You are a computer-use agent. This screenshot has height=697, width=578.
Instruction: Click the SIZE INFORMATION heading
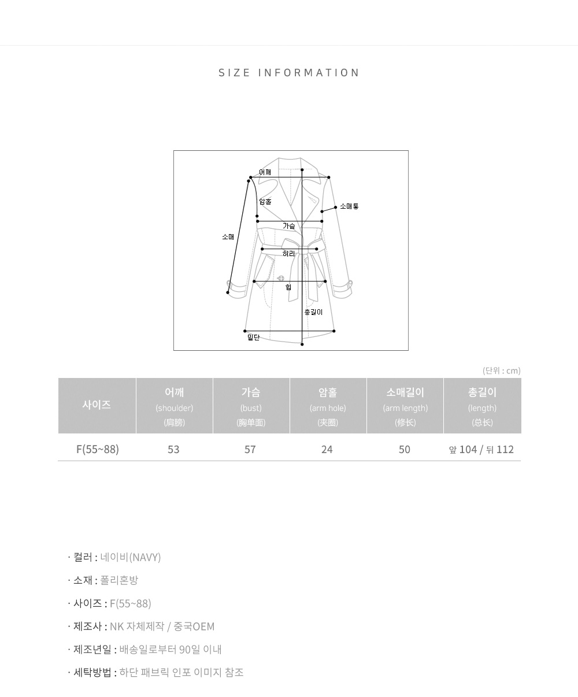coord(289,73)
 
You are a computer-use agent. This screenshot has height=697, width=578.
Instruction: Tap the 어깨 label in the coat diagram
coord(265,172)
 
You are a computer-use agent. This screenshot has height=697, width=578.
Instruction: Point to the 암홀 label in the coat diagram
coord(265,201)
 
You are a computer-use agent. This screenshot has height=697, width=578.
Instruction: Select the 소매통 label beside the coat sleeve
coord(349,206)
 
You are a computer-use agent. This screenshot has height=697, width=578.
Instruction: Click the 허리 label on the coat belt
coord(289,254)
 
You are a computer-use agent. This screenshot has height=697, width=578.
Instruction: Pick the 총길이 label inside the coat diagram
coord(313,312)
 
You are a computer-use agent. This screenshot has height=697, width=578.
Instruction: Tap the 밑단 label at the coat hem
coord(253,338)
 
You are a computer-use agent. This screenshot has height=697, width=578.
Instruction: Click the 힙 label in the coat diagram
coord(288,287)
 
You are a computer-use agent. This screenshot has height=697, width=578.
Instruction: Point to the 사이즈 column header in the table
coord(97,405)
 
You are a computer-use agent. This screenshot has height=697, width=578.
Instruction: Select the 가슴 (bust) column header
coord(251,407)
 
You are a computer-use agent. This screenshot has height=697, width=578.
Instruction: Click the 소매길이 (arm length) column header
coord(405,407)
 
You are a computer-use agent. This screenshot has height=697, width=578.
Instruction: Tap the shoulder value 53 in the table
coord(173,450)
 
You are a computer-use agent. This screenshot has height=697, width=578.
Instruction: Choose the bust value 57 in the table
coord(250,450)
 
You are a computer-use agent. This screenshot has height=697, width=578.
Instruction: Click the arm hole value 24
coord(327,450)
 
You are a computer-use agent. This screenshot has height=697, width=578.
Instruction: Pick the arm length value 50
coord(405,450)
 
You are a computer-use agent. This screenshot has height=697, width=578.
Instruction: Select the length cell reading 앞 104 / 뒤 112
coord(481,450)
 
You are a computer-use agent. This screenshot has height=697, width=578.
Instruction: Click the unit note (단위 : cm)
coord(502,370)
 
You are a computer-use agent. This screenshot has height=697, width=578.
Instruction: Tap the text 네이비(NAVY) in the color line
coord(131,557)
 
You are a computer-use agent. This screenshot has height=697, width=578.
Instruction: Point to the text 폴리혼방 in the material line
coord(119,580)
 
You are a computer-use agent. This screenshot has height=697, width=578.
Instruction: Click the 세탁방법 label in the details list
coord(92,672)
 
